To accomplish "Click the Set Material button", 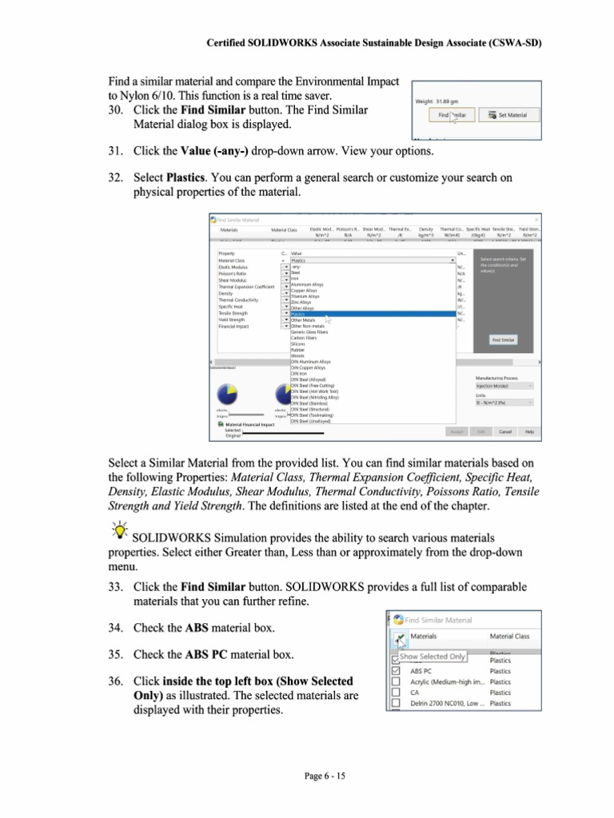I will (x=513, y=115).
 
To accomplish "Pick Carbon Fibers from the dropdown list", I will (x=304, y=338).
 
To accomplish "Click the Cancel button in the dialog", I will (x=505, y=431).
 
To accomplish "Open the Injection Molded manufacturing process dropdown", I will (x=504, y=385).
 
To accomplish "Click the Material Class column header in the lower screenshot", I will (x=509, y=637).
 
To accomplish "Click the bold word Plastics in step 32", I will (x=188, y=177).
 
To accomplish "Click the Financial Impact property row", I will (x=235, y=326).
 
